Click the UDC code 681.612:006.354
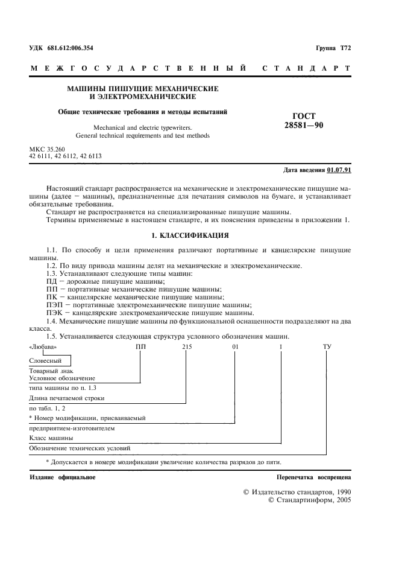(x=70, y=47)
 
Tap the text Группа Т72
(x=333, y=47)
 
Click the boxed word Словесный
(x=45, y=360)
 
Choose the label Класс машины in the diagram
(x=51, y=437)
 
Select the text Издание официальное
(x=63, y=477)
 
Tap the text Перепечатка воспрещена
(x=313, y=477)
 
